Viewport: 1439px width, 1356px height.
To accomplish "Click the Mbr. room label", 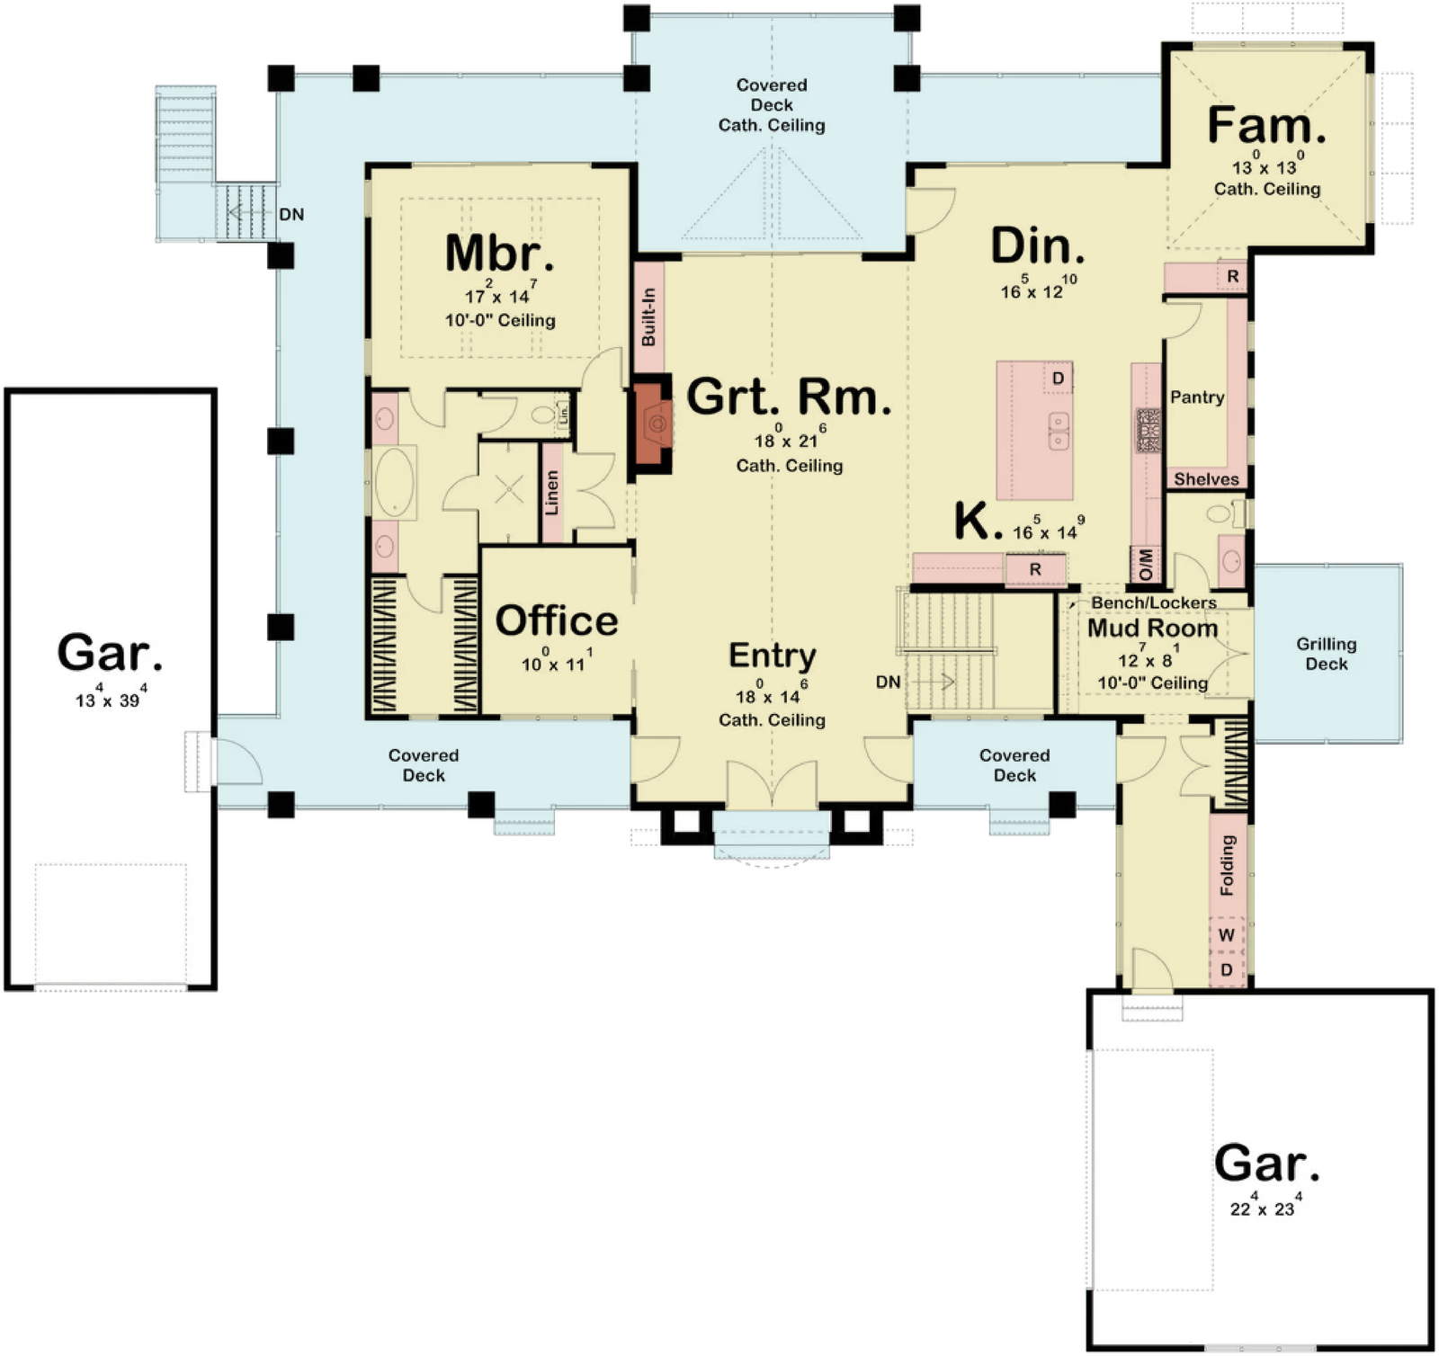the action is tap(500, 254).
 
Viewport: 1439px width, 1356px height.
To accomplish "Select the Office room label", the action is tap(557, 621).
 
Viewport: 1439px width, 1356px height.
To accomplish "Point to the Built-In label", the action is tap(649, 317).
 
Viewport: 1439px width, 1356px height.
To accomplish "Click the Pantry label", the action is tap(1197, 397).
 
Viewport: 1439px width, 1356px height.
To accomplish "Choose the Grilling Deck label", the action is tap(1327, 654).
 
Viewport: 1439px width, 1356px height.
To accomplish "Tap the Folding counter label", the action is tap(1228, 865).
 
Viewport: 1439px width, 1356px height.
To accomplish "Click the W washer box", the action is tap(1227, 936).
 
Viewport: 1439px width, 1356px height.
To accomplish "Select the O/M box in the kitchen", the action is tap(1146, 563).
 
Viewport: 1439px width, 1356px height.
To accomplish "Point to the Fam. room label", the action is tap(1266, 125).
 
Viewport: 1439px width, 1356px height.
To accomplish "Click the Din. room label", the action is tap(1038, 246).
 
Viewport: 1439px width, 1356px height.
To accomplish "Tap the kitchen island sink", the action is tap(1059, 430).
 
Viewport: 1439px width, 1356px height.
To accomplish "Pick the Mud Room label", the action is tap(1153, 628).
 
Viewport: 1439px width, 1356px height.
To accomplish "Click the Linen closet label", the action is tap(552, 493).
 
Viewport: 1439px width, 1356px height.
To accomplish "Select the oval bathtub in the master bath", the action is tap(394, 482).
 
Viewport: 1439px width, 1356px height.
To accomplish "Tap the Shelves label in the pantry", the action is tap(1206, 479).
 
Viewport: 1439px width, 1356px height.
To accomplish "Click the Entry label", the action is tap(773, 656).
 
